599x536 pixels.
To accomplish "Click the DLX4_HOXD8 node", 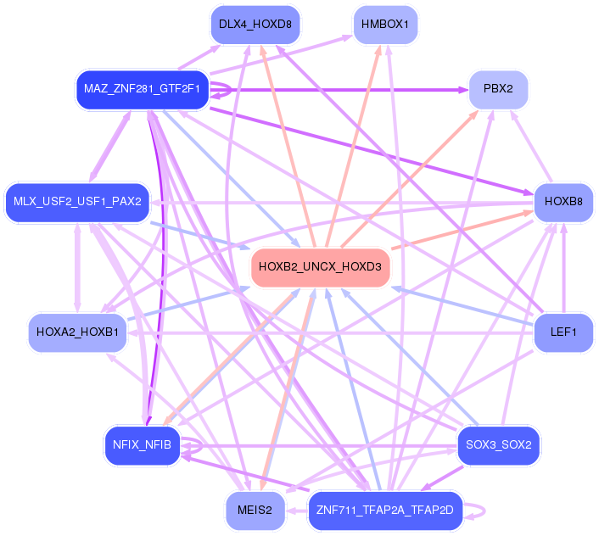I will pos(255,24).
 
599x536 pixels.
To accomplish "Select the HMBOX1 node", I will pos(384,24).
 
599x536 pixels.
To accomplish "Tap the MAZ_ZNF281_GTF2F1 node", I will pos(142,88).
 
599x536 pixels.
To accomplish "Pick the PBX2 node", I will pos(498,88).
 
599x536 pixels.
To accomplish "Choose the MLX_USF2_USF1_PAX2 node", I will pos(77,202).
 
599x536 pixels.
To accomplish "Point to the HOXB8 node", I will pos(563,202).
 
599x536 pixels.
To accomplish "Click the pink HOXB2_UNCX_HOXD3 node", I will pos(320,266).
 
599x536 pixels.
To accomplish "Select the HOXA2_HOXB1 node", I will pos(77,332).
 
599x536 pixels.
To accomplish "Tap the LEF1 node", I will pos(563,332).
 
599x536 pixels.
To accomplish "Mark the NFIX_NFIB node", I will pos(142,444).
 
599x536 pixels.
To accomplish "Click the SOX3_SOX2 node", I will pos(498,444).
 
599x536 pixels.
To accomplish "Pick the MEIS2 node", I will pos(255,510).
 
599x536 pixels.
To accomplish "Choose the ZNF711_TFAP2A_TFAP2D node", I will pos(384,510).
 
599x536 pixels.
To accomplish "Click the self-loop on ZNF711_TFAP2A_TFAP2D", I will pos(483,510).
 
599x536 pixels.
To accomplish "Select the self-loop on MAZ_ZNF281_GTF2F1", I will pos(227,88).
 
